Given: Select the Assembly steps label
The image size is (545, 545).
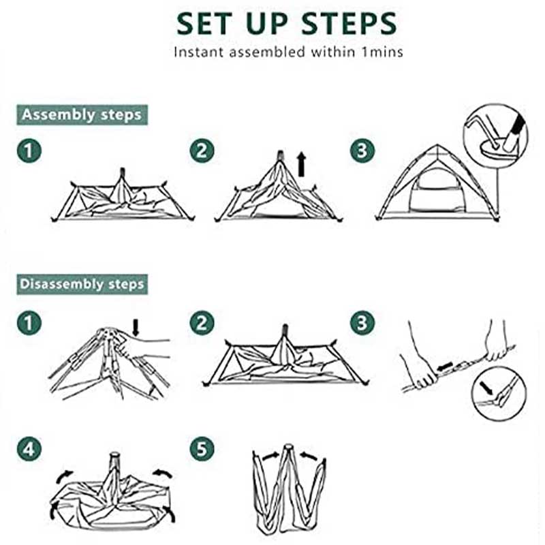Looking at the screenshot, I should (82, 114).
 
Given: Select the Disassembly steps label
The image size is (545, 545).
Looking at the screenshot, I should (82, 283).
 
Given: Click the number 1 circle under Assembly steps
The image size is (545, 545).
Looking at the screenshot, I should (29, 151).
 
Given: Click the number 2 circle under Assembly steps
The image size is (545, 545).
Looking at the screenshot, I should (201, 151).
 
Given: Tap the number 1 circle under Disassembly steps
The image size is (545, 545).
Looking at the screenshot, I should (29, 322).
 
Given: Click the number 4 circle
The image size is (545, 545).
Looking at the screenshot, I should (29, 449).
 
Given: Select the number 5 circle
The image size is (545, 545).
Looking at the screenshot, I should (201, 449).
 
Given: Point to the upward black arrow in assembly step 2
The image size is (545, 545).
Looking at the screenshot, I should (302, 165).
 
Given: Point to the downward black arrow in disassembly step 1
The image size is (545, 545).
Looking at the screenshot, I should (135, 327).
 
